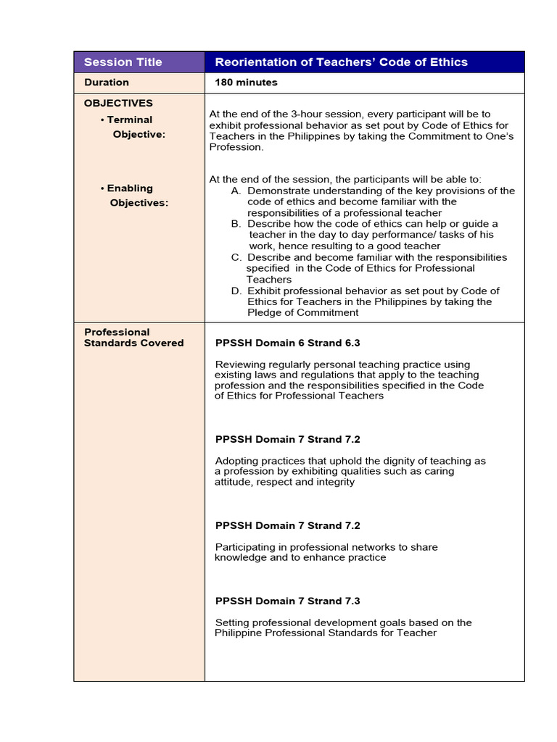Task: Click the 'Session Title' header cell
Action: pos(123,62)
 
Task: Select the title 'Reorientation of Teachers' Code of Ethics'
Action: pos(341,62)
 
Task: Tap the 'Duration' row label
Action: pos(107,83)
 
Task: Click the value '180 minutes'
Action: pos(246,83)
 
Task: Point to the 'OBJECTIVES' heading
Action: pos(118,103)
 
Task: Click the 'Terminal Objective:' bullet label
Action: pos(131,127)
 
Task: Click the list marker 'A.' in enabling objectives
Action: pos(236,191)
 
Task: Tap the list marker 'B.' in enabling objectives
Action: pos(236,224)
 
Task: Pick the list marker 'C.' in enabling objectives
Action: pos(236,257)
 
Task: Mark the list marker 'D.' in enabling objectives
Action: pos(236,291)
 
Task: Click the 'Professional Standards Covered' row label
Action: pos(133,338)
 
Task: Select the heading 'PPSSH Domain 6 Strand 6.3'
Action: pos(288,343)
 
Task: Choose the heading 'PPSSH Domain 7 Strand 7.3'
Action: pos(288,601)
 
